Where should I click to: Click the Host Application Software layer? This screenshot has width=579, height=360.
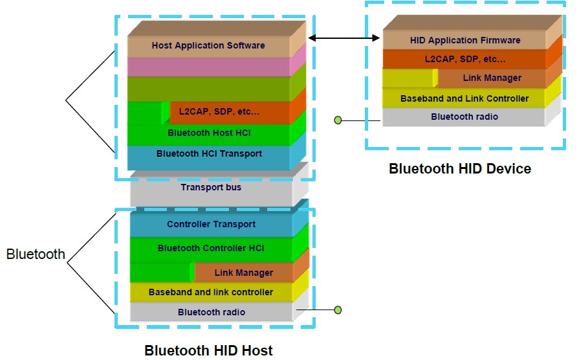pyautogui.click(x=208, y=46)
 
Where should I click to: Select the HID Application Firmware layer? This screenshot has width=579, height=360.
pyautogui.click(x=464, y=40)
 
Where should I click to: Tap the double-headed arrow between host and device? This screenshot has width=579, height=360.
pyautogui.click(x=344, y=38)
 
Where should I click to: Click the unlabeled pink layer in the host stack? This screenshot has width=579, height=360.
pyautogui.click(x=208, y=67)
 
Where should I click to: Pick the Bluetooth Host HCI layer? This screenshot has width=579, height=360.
pyautogui.click(x=208, y=133)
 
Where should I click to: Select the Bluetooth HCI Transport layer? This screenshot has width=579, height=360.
pyautogui.click(x=208, y=154)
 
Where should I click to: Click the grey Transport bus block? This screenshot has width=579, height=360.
pyautogui.click(x=211, y=188)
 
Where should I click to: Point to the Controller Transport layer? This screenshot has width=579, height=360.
pyautogui.click(x=211, y=225)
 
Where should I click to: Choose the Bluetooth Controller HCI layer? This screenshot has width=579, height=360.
pyautogui.click(x=211, y=248)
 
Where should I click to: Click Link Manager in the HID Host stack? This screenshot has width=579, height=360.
pyautogui.click(x=243, y=273)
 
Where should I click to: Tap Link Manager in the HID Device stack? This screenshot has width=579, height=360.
pyautogui.click(x=492, y=78)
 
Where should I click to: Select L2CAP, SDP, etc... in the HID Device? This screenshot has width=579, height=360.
pyautogui.click(x=464, y=59)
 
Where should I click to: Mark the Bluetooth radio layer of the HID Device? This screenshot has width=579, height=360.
pyautogui.click(x=464, y=117)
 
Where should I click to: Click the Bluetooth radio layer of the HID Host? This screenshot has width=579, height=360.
pyautogui.click(x=211, y=312)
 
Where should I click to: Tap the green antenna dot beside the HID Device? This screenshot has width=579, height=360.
pyautogui.click(x=337, y=120)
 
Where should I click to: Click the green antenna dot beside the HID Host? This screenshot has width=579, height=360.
pyautogui.click(x=337, y=310)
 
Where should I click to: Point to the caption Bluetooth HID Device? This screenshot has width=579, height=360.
pyautogui.click(x=459, y=169)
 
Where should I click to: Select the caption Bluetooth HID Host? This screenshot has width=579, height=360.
pyautogui.click(x=208, y=351)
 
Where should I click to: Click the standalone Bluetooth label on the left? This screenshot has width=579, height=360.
pyautogui.click(x=36, y=254)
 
